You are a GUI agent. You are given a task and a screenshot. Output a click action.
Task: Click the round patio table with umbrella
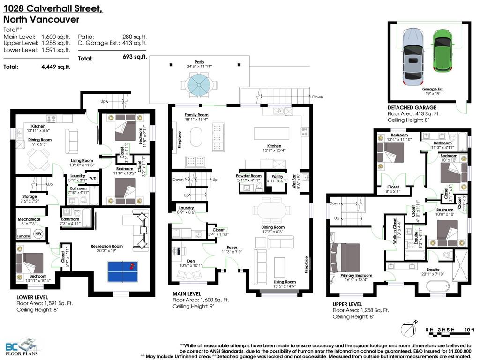tap(199, 85)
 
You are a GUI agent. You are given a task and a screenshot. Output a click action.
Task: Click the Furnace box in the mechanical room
tap(23, 236)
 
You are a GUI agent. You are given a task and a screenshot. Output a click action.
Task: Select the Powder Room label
tap(248, 176)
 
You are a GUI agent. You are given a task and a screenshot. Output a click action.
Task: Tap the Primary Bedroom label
tap(356, 276)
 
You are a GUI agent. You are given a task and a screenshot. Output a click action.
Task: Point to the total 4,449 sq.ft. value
tap(55, 67)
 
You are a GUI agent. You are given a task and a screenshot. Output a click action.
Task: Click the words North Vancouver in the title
tap(41, 19)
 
